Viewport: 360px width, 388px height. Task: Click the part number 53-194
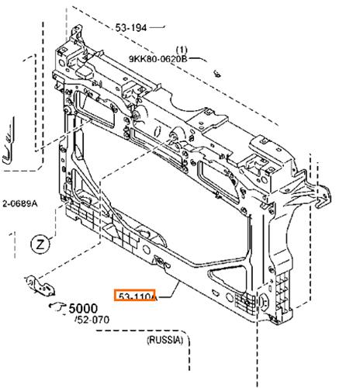[131, 28]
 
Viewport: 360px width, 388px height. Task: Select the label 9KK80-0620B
[157, 59]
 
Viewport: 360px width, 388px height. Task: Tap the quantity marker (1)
[182, 50]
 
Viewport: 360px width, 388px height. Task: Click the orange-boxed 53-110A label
[135, 295]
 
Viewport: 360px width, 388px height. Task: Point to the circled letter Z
[40, 244]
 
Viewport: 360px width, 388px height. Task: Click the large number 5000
[83, 308]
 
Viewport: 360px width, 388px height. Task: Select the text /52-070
[92, 320]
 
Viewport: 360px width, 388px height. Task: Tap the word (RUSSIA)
[165, 340]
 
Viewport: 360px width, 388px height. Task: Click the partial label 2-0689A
[19, 204]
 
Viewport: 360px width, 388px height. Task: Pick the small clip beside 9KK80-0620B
[217, 74]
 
